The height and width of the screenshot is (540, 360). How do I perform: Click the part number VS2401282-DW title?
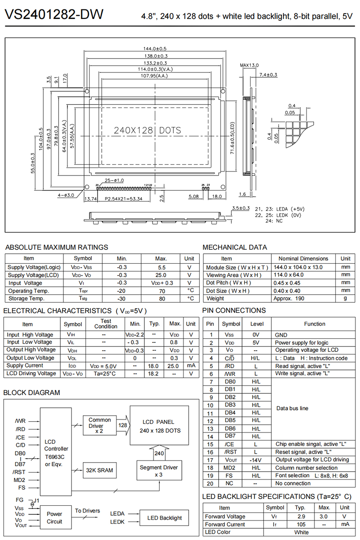coord(54,15)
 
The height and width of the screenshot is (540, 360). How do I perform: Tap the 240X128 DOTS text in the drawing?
coord(147,130)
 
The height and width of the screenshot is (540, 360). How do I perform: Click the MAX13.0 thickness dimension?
coord(249,65)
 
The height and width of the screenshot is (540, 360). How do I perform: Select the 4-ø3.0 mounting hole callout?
coord(66,195)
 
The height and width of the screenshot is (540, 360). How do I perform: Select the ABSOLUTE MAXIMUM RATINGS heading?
coord(56,247)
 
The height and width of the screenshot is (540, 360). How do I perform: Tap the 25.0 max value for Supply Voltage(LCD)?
coord(161,275)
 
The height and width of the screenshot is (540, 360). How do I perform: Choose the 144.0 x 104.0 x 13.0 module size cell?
coord(300,267)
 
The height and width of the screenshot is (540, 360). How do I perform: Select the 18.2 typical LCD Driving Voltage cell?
coord(154,373)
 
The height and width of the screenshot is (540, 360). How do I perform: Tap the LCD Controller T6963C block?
coord(56,452)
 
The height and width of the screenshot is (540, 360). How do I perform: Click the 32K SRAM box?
coord(99,470)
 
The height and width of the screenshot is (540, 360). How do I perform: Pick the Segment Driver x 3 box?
coord(158,471)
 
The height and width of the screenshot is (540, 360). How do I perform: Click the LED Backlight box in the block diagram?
coord(164,518)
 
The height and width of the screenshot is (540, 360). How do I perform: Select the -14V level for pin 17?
coord(256,460)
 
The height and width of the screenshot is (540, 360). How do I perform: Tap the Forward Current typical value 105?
coord(301,524)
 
